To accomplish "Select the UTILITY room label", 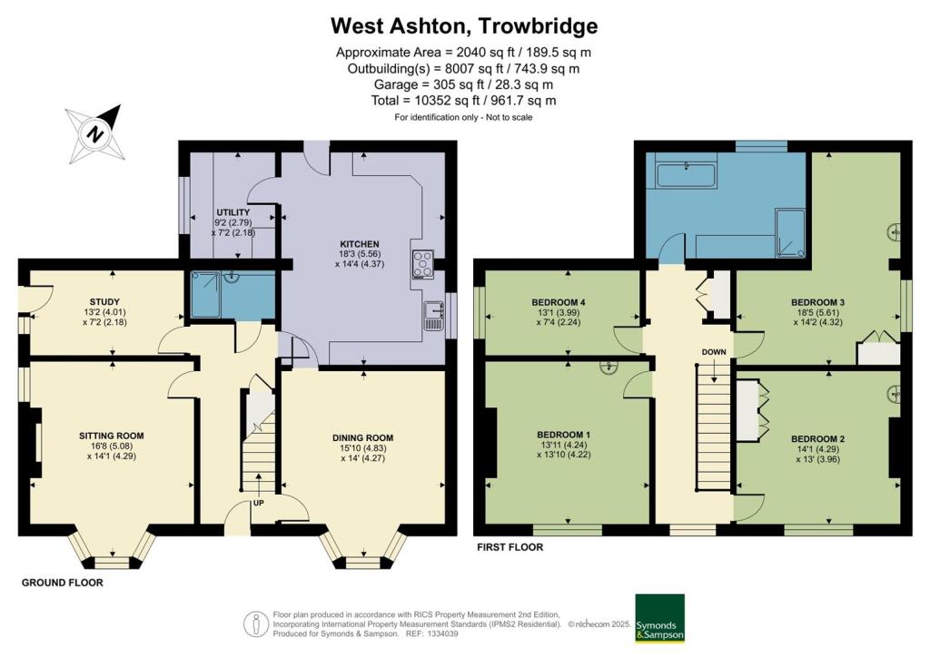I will (233, 212).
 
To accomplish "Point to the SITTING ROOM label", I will (112, 436).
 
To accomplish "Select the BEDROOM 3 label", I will (818, 302).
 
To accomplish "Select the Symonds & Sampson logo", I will (659, 617).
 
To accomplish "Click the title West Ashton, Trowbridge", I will (464, 25).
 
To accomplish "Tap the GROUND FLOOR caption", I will (63, 583).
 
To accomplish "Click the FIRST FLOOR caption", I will (510, 547).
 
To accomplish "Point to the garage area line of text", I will (464, 85).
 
